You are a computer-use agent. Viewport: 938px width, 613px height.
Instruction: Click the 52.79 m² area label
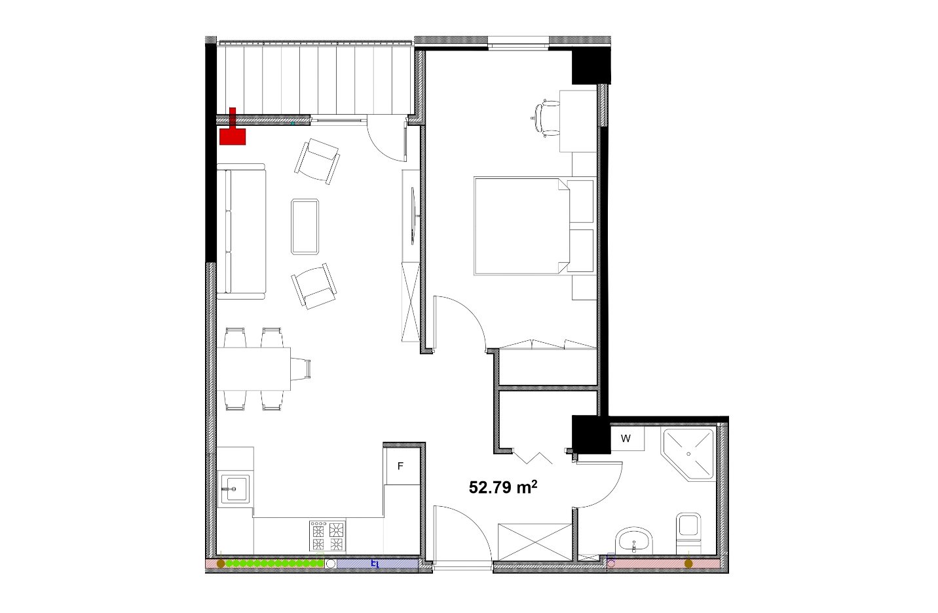tap(503, 487)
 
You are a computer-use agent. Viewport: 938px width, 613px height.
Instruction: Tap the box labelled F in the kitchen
tap(402, 466)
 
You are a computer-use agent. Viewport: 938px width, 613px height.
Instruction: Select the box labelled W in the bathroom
tap(626, 438)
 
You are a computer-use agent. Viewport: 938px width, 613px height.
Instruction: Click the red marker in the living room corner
tap(233, 127)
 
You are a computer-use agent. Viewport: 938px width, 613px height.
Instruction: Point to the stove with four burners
tap(328, 536)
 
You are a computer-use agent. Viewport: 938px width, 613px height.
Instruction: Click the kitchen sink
tap(235, 489)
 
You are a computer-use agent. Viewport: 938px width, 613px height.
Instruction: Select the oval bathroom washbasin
tap(635, 541)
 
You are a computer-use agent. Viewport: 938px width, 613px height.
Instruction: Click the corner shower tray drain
tap(688, 454)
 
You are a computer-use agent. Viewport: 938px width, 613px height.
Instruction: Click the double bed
tap(534, 227)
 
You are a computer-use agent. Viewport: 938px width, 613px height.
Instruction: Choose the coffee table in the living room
tap(305, 227)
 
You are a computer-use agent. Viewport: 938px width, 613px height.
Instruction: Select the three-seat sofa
tap(241, 231)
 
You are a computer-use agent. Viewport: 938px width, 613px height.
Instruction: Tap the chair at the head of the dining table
tap(301, 369)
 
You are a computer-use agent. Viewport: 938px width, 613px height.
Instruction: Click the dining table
tap(253, 369)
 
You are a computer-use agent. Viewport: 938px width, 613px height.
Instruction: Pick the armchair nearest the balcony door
tap(317, 161)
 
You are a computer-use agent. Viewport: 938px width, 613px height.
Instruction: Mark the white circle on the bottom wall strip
tap(331, 564)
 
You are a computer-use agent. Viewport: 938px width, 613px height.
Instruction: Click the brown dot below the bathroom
tap(688, 564)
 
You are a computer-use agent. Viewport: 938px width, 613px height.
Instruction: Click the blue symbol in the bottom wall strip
tap(375, 564)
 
